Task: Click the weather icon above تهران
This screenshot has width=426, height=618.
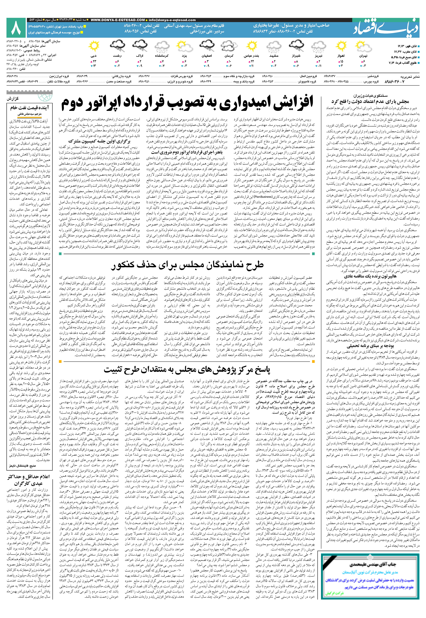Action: (x=364, y=46)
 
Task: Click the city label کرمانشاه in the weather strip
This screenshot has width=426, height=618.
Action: (x=162, y=56)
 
